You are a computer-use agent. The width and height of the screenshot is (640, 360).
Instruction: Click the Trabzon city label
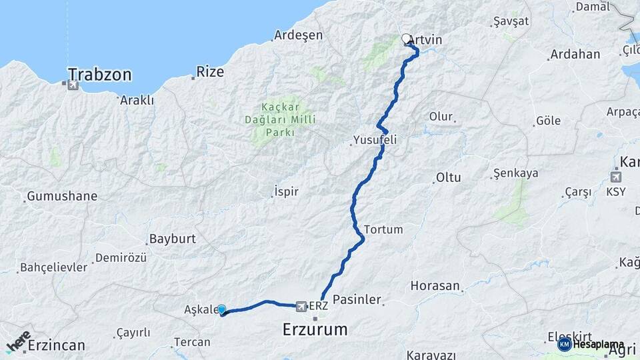click(x=99, y=74)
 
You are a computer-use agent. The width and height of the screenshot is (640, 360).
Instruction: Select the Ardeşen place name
click(x=298, y=35)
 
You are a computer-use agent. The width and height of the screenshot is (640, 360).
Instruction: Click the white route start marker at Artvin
click(x=407, y=39)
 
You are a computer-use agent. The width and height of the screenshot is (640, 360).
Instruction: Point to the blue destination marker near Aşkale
click(x=221, y=309)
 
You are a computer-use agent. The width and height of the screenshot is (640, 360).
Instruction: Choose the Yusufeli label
click(x=374, y=141)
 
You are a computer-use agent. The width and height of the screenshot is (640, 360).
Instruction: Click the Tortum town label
click(x=383, y=229)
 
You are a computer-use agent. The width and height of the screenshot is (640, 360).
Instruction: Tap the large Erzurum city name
click(x=315, y=329)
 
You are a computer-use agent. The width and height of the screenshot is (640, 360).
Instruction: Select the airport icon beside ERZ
click(x=302, y=306)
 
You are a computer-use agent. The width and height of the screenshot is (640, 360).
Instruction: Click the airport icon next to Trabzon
click(x=73, y=85)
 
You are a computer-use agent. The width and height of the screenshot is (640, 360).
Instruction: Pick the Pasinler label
click(x=357, y=300)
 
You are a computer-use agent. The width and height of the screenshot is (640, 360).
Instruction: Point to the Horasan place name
click(x=435, y=286)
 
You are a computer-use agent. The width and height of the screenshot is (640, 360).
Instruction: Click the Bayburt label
click(x=172, y=238)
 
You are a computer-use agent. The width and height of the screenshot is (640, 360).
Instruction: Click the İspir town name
click(x=286, y=192)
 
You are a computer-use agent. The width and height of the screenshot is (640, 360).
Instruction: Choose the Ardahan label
click(x=575, y=54)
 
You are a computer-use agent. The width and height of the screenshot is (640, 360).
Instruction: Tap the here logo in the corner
click(x=19, y=341)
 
